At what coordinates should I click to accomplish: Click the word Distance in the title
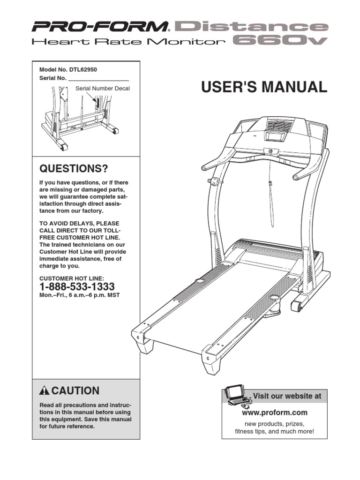[251, 26]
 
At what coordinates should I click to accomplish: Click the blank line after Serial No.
[98, 78]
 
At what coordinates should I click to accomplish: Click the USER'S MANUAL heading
[264, 87]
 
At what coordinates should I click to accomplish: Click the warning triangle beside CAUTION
[45, 391]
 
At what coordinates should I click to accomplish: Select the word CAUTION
[75, 391]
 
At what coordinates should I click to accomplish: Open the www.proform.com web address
[274, 412]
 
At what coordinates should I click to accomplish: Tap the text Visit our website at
[287, 396]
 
